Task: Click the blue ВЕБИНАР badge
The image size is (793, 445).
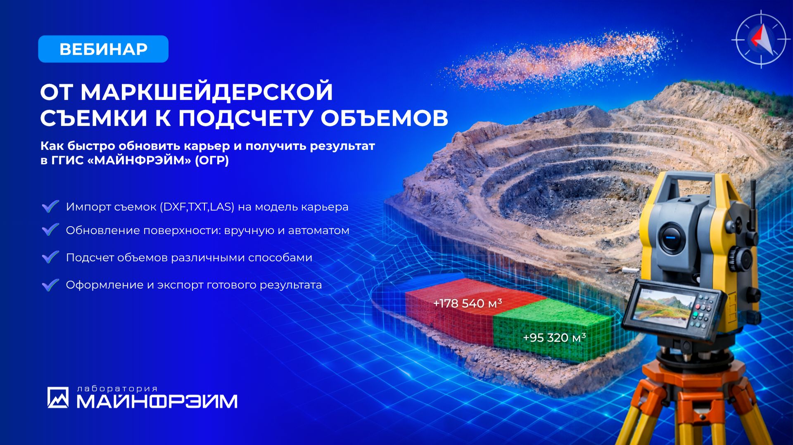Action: tap(103, 49)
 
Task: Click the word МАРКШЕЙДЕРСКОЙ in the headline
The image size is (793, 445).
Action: tap(207, 92)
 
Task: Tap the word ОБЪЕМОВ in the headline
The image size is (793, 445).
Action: tap(384, 118)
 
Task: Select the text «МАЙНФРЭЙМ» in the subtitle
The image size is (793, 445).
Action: tap(140, 160)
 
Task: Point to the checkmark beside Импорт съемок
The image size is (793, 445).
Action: tap(50, 206)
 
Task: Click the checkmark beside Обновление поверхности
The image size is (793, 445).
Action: tap(50, 230)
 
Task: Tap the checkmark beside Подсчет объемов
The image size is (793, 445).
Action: tap(50, 257)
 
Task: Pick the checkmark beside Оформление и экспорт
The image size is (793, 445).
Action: tap(50, 284)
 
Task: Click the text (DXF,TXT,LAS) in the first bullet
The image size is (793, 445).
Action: tap(197, 207)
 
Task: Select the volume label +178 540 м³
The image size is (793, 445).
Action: tap(467, 303)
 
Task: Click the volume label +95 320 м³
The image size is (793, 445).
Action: tap(554, 338)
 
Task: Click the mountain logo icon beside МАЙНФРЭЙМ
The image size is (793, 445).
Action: tap(58, 398)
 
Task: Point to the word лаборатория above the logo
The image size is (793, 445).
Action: tap(117, 388)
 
